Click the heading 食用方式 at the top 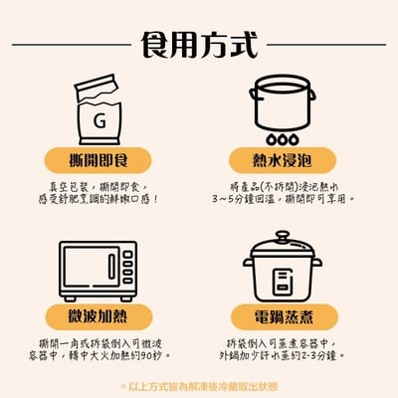click(199, 45)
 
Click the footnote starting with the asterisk click(199, 385)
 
